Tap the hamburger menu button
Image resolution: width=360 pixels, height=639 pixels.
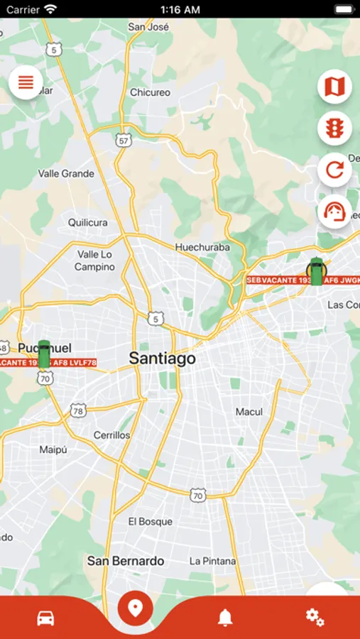[x=26, y=82]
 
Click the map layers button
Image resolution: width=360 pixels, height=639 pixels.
[x=334, y=87]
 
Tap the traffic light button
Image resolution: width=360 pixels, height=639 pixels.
[x=334, y=129]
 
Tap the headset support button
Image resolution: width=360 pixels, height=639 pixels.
[x=334, y=212]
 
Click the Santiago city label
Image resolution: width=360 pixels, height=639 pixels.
[x=162, y=359]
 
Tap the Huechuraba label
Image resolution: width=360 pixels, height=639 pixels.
[x=202, y=247]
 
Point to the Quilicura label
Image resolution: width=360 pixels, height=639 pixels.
[x=88, y=222]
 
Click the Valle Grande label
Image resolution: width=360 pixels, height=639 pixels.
[x=66, y=173]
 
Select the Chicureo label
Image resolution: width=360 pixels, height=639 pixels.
[x=151, y=92]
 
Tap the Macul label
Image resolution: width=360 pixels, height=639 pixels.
[x=249, y=412]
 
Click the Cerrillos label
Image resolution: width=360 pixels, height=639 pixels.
[x=112, y=435]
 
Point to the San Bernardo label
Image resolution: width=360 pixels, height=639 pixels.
[x=126, y=560]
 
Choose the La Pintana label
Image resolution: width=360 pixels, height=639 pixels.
[x=212, y=561]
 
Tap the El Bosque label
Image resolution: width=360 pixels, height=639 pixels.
[x=151, y=521]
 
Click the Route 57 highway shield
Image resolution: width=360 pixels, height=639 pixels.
[x=124, y=141]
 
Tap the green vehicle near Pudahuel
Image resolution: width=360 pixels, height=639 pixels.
[x=44, y=354]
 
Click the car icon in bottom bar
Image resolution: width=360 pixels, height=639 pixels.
[x=46, y=617]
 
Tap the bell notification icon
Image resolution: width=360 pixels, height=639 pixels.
[x=225, y=617]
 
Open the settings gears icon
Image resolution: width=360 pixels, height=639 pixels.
[x=315, y=617]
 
